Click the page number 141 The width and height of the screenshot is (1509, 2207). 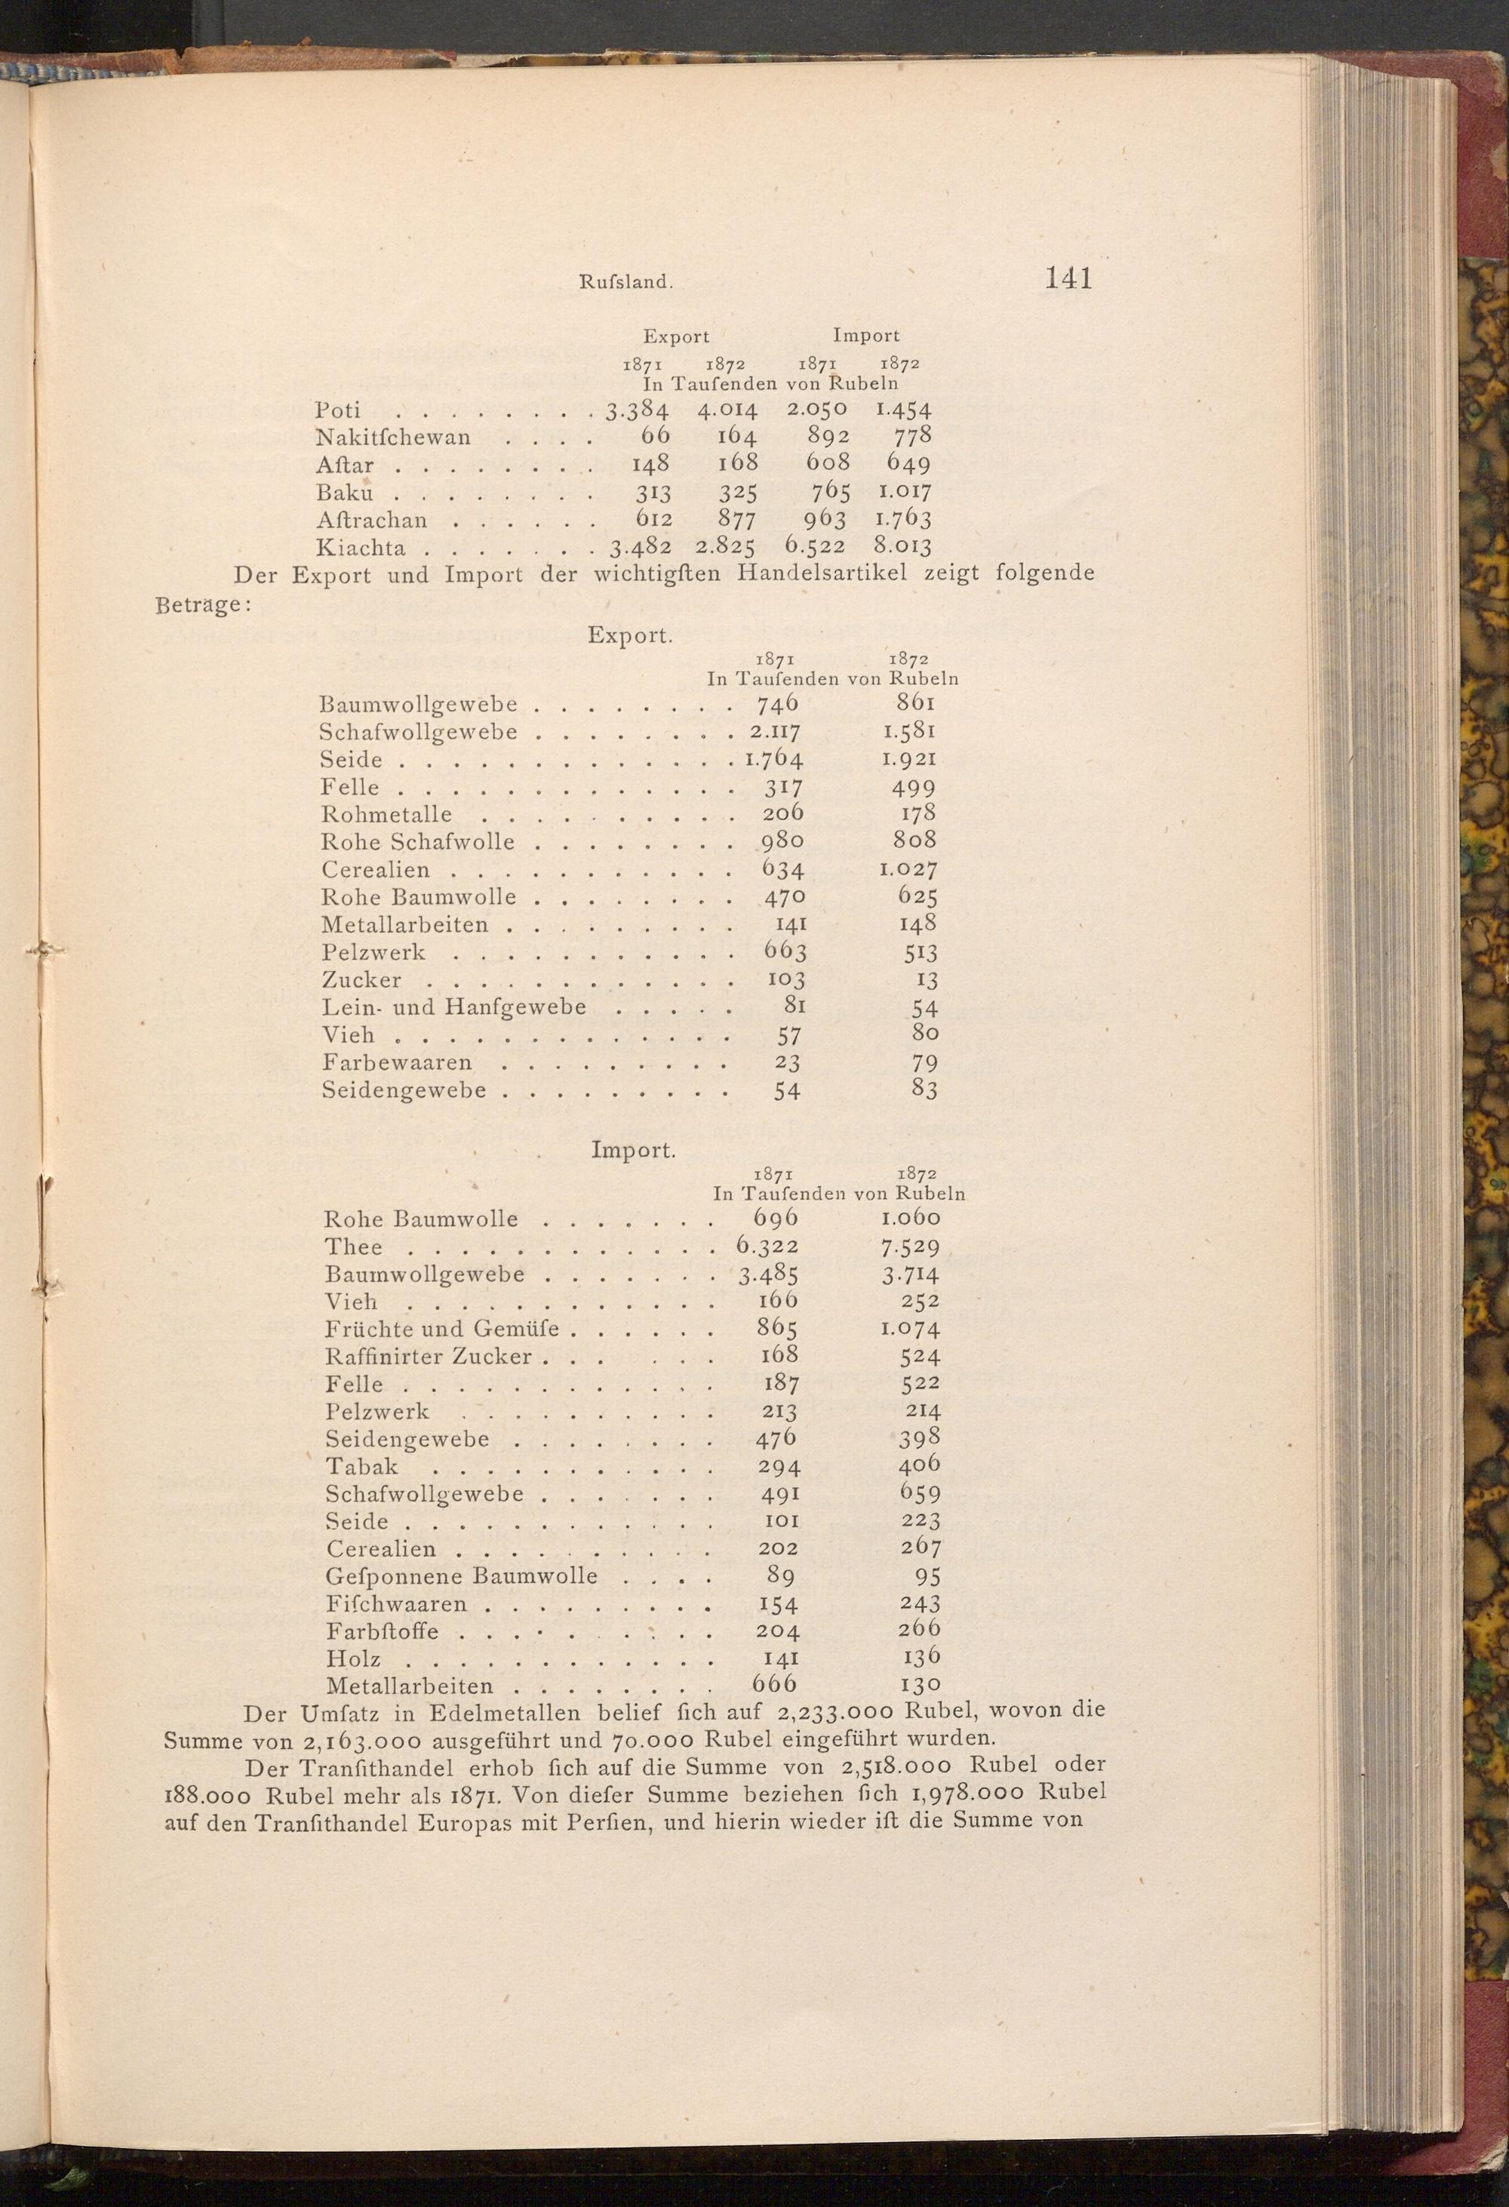coord(1068,278)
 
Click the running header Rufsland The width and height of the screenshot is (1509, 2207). coord(625,282)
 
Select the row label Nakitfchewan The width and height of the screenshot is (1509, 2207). coord(392,438)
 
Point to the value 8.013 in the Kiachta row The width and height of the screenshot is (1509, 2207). coord(902,546)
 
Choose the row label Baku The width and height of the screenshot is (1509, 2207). coord(344,493)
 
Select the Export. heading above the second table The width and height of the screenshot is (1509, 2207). coord(629,635)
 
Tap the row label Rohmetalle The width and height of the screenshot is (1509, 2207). coord(386,814)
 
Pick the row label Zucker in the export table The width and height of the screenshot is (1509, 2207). coord(361,980)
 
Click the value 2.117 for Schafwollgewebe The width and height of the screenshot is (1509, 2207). coord(775,732)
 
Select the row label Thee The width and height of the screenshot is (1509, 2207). coord(353,1247)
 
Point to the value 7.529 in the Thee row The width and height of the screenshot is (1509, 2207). coord(910,1247)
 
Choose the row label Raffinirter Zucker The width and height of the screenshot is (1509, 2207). coord(429,1356)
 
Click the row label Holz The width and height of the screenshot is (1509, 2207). coord(353,1659)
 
